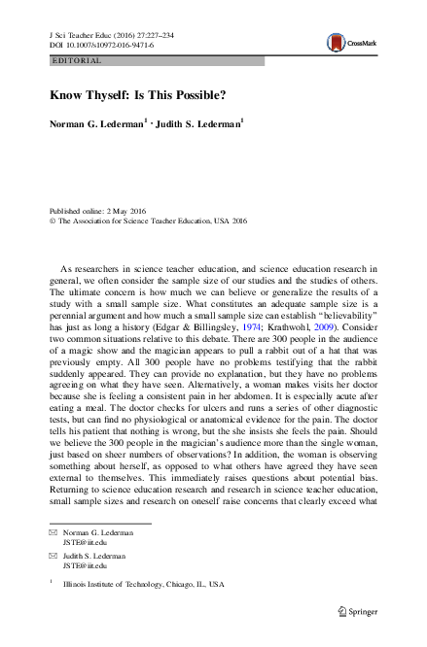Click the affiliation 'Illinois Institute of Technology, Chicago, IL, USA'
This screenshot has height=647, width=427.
pos(142,585)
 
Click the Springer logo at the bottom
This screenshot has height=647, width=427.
pos(358,612)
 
